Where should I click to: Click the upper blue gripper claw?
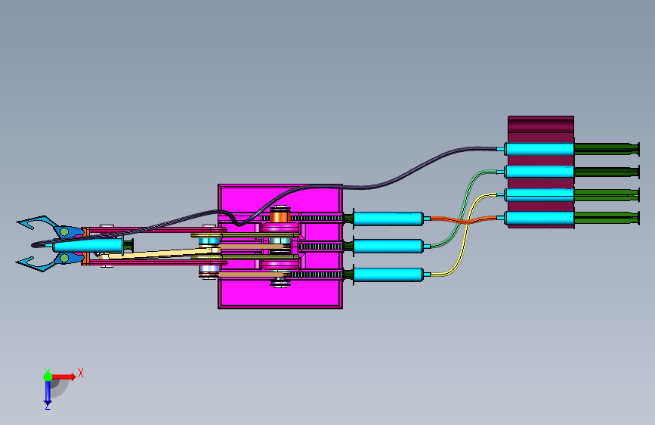pyautogui.click(x=50, y=226)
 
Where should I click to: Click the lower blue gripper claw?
pyautogui.click(x=49, y=261)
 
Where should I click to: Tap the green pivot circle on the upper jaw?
pyautogui.click(x=64, y=231)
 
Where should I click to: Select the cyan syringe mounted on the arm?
pyautogui.click(x=88, y=246)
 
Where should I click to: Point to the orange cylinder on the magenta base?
pyautogui.click(x=280, y=217)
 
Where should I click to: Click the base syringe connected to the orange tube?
pyautogui.click(x=388, y=219)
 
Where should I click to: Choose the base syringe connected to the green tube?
pyautogui.click(x=388, y=247)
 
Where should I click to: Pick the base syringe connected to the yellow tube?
pyautogui.click(x=388, y=275)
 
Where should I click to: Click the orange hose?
pyautogui.click(x=464, y=220)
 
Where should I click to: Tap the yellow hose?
pyautogui.click(x=465, y=235)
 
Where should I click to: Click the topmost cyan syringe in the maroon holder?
pyautogui.click(x=539, y=149)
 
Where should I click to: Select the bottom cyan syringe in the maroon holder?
pyautogui.click(x=539, y=219)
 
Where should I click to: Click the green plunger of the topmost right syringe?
pyautogui.click(x=607, y=149)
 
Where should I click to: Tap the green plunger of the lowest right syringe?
pyautogui.click(x=607, y=218)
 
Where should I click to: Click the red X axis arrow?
pyautogui.click(x=63, y=377)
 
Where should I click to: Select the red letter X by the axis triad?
pyautogui.click(x=81, y=373)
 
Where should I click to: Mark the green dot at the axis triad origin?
pyautogui.click(x=48, y=377)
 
